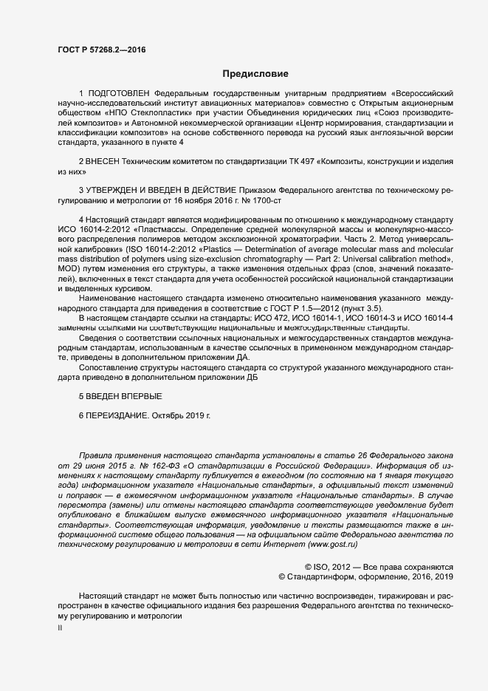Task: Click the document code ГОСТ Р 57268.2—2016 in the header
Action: click(x=101, y=50)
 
